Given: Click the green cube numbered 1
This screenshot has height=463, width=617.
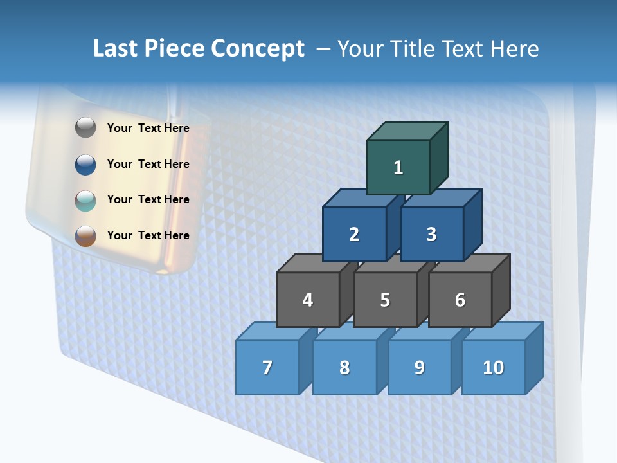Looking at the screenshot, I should click(398, 167).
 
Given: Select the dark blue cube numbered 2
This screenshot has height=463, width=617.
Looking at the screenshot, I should click(354, 234).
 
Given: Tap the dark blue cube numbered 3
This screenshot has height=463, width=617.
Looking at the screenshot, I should click(431, 234).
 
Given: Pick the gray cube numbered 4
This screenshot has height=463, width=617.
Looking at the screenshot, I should click(308, 300).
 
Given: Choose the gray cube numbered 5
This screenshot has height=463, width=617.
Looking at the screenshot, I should click(385, 300).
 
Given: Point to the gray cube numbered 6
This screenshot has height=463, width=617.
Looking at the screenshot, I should click(460, 300).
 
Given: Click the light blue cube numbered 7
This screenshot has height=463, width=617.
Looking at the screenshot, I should click(267, 367).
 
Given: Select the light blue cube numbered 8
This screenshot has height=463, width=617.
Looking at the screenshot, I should click(344, 367).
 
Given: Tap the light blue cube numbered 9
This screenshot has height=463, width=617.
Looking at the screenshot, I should click(420, 367).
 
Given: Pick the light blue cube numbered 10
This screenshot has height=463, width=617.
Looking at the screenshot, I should click(494, 367).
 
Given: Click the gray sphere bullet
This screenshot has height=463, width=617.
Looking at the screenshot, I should click(85, 128).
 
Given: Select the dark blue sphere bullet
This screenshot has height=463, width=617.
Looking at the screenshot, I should click(85, 164).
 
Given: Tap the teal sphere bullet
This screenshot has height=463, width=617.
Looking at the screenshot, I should click(85, 200).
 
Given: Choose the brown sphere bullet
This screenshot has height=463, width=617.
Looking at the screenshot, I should click(85, 235).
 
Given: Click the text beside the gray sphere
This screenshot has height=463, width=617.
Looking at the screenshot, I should click(148, 128).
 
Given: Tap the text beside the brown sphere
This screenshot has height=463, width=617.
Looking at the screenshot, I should click(148, 235).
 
